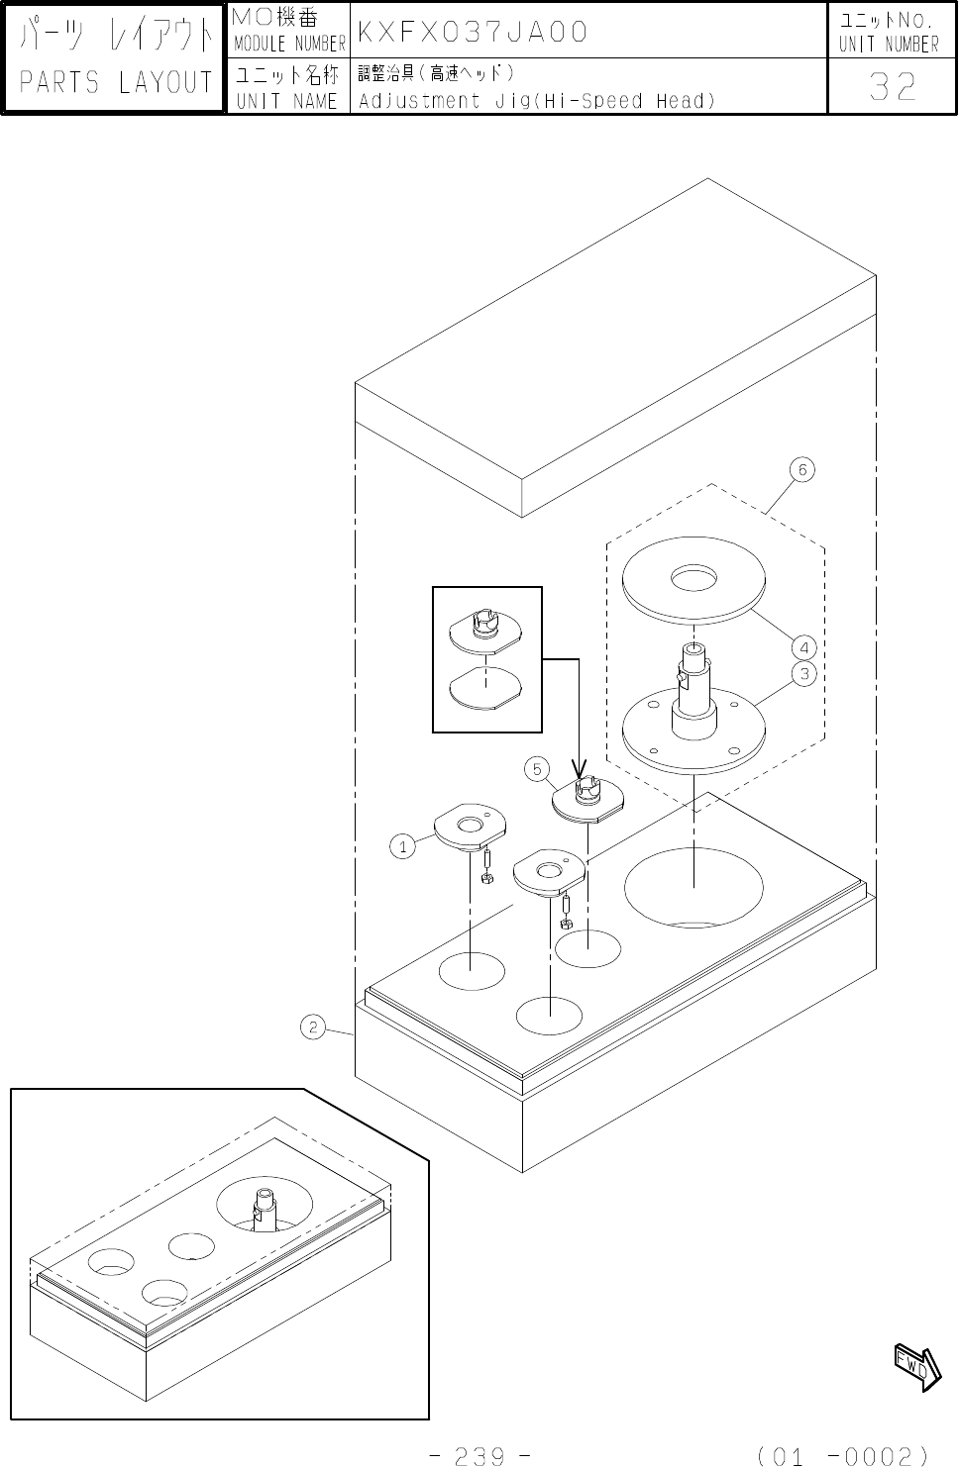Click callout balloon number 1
[x=401, y=846]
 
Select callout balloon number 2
[x=312, y=1027]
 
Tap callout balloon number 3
[x=804, y=674]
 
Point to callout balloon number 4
[x=804, y=648]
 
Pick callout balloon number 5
[x=536, y=768]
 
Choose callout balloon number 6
[x=803, y=469]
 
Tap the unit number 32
[x=892, y=88]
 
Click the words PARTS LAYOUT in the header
[x=117, y=83]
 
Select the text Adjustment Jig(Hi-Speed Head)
[x=536, y=101]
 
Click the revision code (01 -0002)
[x=841, y=1455]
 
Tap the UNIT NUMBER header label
[x=889, y=45]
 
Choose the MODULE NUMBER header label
[x=288, y=45]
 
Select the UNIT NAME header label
[x=287, y=101]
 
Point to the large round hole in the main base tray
[x=693, y=887]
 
